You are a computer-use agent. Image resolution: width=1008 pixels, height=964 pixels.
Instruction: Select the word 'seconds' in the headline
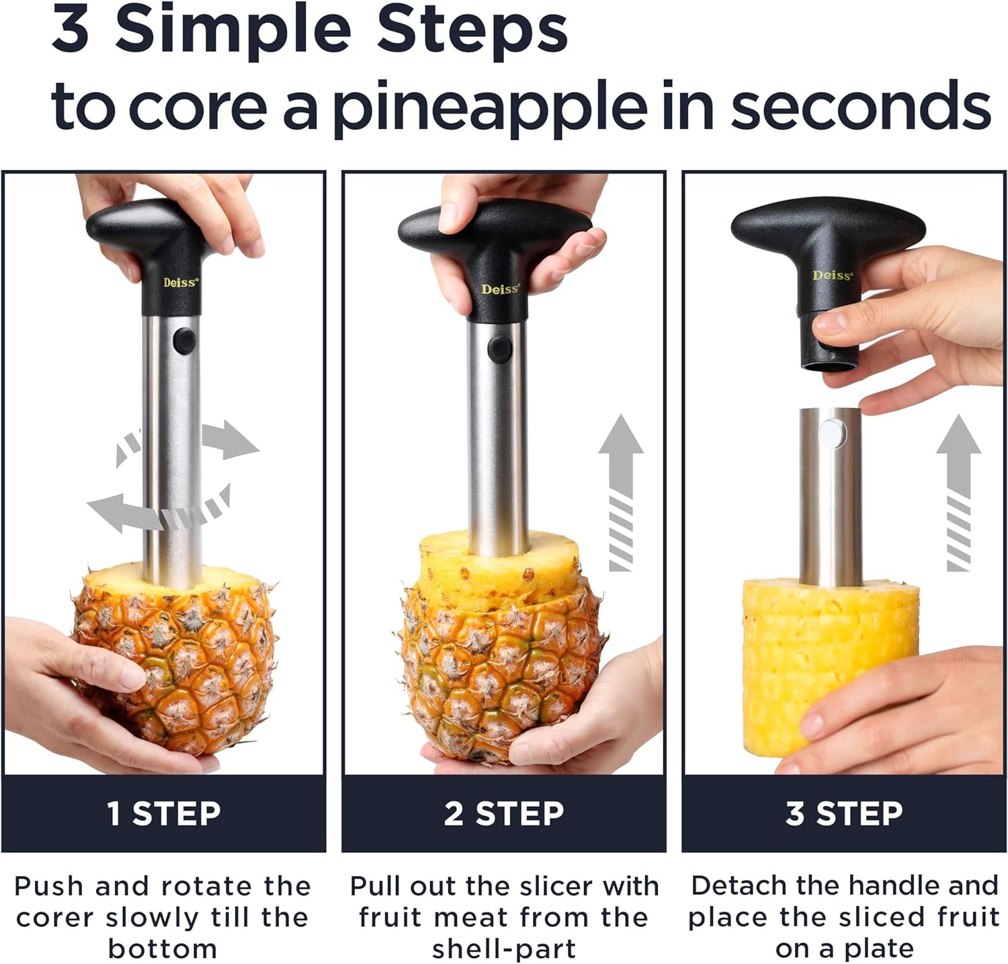coord(860,106)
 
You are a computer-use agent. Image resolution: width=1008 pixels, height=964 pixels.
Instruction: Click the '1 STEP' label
coord(164,813)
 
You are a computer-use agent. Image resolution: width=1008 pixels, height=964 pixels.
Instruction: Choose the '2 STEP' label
coord(504,813)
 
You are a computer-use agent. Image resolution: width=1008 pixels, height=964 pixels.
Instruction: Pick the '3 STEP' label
coord(844,813)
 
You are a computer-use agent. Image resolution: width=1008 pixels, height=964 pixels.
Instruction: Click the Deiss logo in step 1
coord(181,282)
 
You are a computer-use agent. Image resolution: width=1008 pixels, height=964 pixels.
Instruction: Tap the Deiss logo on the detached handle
coord(832,275)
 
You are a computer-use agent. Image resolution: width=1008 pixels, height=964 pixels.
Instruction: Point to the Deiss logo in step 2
coord(500,289)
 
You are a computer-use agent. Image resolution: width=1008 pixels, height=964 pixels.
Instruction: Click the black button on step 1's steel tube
coord(183,341)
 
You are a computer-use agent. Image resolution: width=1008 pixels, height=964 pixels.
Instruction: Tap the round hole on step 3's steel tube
coord(832,432)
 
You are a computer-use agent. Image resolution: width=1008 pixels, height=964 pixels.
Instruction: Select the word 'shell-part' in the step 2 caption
coord(504,949)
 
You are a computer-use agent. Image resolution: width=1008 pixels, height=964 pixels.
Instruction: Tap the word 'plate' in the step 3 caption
coord(879,949)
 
